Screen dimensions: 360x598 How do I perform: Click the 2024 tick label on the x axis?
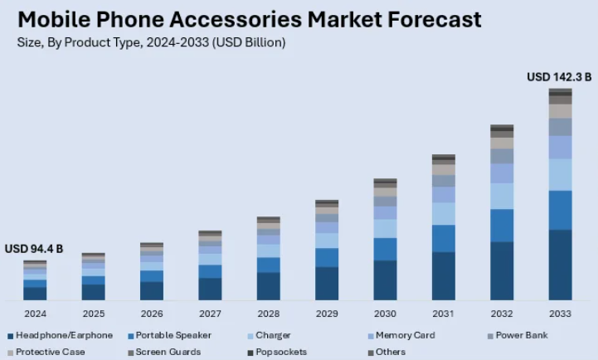(35, 314)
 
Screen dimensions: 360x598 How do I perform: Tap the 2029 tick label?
(327, 314)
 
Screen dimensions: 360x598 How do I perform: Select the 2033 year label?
(560, 314)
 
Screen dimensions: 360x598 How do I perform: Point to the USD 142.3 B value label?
(560, 77)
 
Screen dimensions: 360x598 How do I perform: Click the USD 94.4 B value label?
(34, 249)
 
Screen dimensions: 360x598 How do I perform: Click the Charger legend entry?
(273, 335)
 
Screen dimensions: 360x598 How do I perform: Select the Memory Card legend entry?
(404, 335)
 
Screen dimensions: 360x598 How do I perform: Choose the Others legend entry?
(391, 352)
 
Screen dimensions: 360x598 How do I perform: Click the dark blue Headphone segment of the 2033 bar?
(560, 265)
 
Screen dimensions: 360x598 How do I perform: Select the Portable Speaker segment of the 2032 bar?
(502, 225)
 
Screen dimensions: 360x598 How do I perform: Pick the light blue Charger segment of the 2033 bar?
(560, 174)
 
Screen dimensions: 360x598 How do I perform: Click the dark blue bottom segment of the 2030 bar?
(385, 280)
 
